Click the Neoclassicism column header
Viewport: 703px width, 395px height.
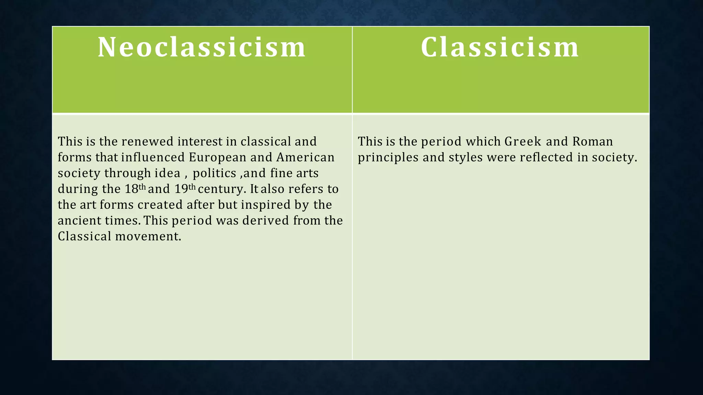point(202,47)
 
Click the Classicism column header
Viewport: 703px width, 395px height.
point(500,47)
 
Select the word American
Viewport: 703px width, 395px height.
point(305,157)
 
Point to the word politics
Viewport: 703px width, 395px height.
point(214,173)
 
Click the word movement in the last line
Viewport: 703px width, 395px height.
point(148,236)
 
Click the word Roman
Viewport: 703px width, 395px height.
point(592,141)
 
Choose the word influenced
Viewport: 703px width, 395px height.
point(153,157)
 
